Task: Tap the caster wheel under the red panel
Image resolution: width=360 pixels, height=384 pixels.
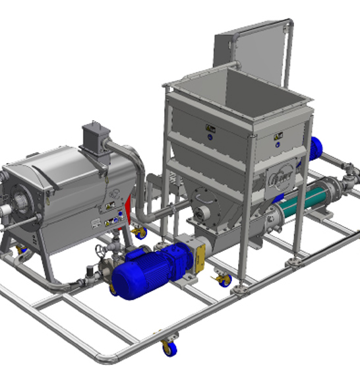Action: [139, 232]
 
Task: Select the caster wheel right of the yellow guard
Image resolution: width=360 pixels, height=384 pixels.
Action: [225, 280]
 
